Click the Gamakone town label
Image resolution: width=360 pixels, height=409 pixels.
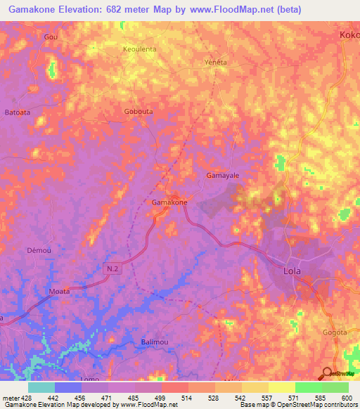point(169,202)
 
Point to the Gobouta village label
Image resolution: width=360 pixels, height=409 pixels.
point(138,112)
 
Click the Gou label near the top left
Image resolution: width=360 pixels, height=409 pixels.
point(50,37)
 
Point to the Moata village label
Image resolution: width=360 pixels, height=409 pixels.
point(59,290)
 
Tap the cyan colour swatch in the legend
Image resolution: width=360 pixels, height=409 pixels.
point(41,387)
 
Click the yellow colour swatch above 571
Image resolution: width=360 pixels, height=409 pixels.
point(282,387)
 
